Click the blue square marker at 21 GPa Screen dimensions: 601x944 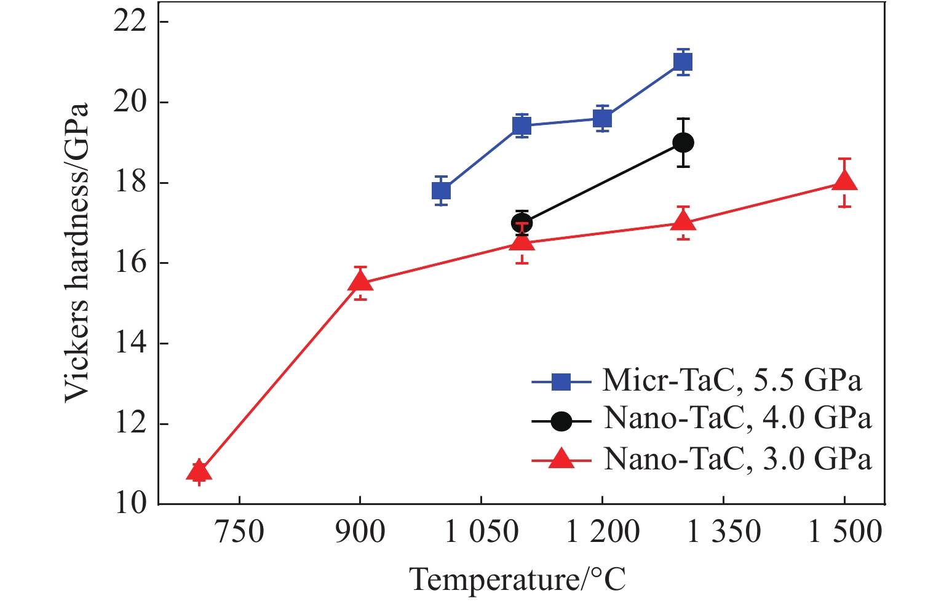[683, 62]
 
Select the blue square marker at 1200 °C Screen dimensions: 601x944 [602, 119]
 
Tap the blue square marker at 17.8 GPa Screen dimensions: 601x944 [441, 191]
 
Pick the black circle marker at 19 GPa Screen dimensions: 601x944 [683, 143]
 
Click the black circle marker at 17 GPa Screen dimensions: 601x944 [522, 223]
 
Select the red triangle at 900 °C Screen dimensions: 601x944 [360, 282]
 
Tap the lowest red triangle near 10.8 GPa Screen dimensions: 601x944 [199, 472]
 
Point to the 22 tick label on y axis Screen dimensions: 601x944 [131, 22]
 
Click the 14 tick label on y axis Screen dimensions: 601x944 [131, 343]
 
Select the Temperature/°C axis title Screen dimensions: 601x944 [518, 579]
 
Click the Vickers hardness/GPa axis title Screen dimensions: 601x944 [77, 252]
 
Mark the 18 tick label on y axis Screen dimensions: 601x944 [131, 183]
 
